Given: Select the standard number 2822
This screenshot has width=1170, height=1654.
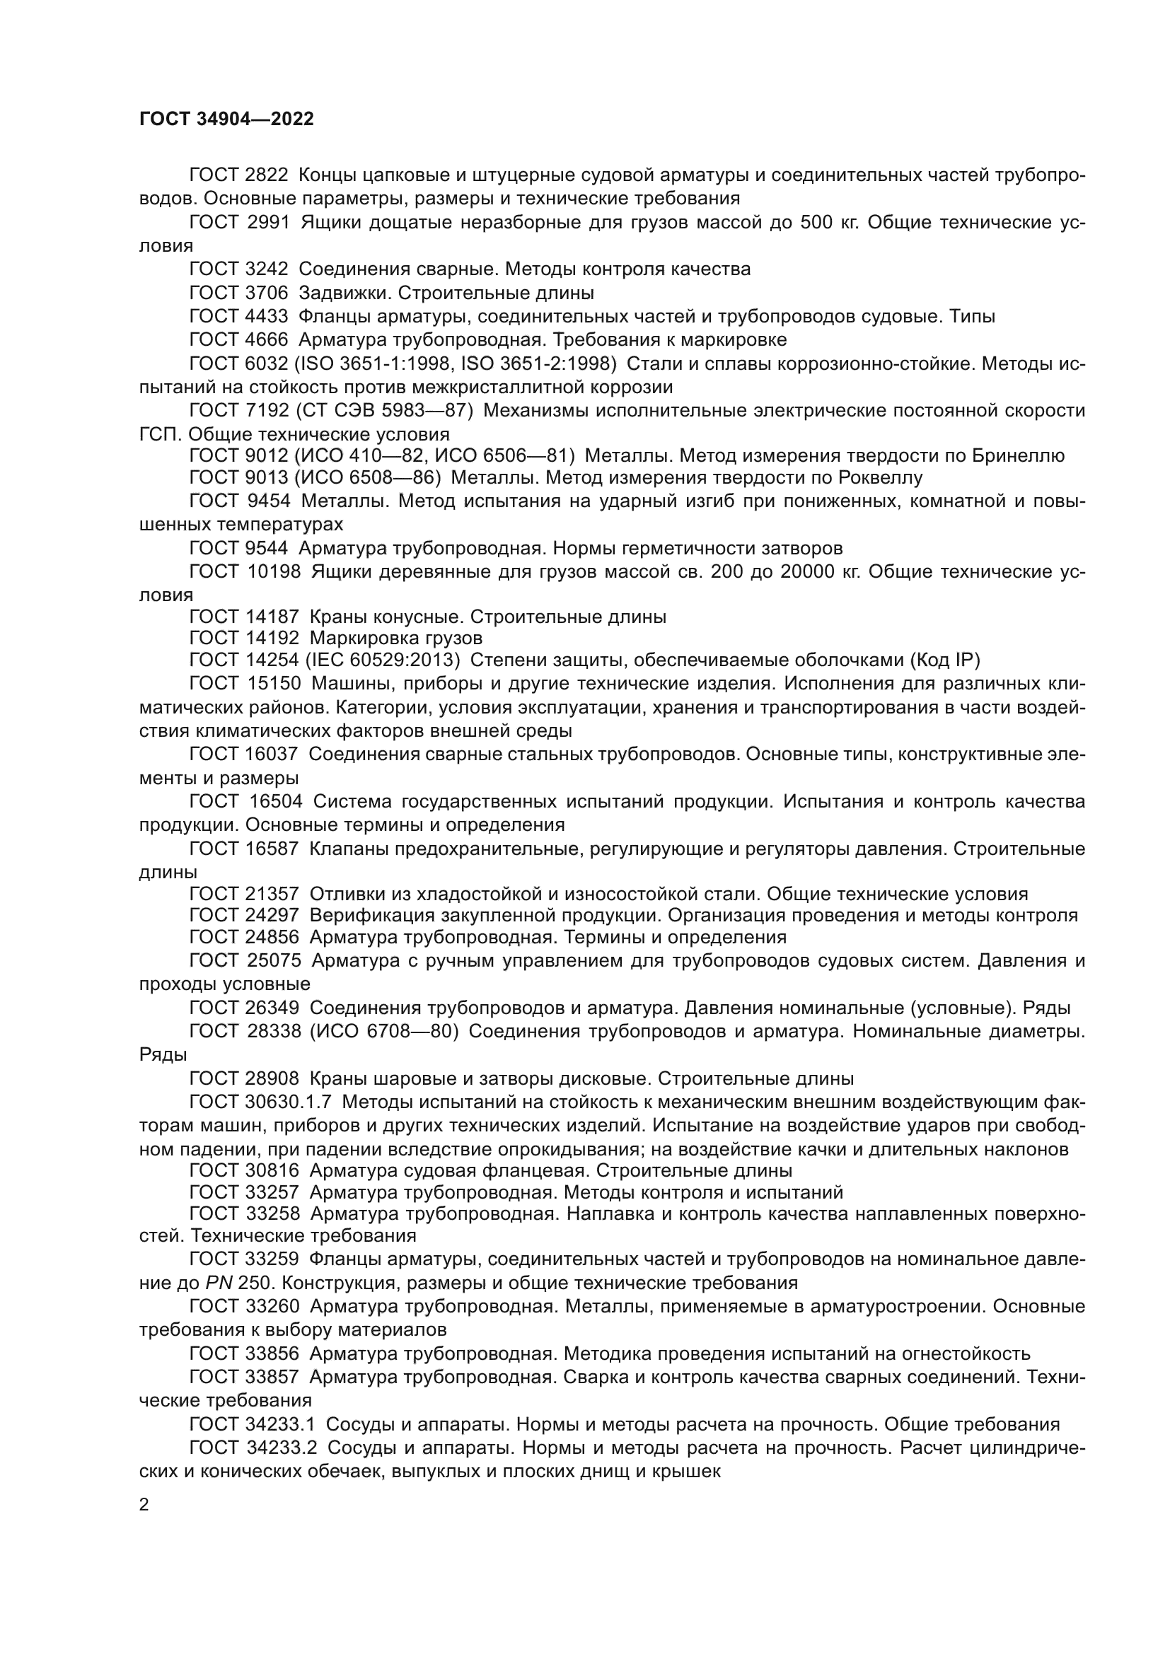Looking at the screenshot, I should pyautogui.click(x=267, y=175).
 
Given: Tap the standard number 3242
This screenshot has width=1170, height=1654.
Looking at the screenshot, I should pyautogui.click(x=267, y=269).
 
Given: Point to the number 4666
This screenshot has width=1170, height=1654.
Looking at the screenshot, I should pyautogui.click(x=267, y=339).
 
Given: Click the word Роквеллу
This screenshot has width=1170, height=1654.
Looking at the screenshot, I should pyautogui.click(x=881, y=477).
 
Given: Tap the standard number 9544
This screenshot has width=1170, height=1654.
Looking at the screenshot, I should pyautogui.click(x=267, y=548).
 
